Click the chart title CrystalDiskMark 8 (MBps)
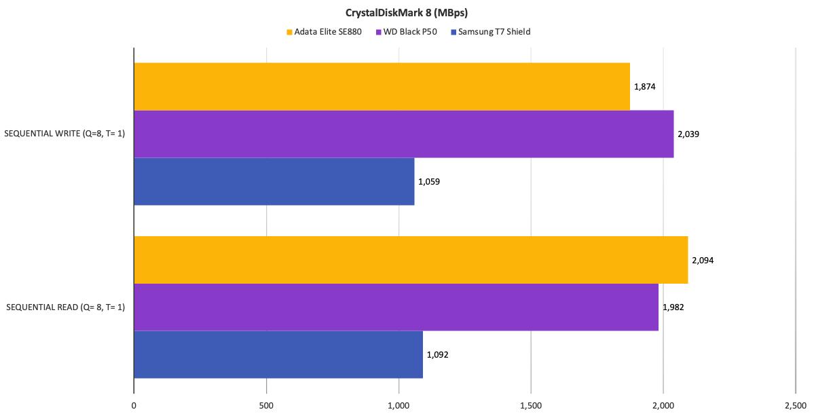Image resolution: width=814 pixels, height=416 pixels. tap(406, 12)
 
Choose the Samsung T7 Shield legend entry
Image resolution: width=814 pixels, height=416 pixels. tap(489, 32)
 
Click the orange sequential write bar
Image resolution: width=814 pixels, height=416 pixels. tap(382, 86)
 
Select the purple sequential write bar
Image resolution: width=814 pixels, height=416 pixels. tap(403, 134)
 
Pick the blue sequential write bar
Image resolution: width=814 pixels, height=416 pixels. tap(274, 181)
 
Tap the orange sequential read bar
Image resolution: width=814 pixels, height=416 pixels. tap(411, 260)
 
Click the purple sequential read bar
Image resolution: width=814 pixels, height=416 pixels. tap(396, 307)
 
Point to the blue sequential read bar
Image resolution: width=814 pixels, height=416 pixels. tap(278, 354)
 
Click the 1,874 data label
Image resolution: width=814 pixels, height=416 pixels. tap(644, 87)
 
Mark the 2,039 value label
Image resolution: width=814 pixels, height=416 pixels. tap(688, 134)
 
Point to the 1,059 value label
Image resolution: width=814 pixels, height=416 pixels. tap(429, 182)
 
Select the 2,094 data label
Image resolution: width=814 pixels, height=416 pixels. tap(703, 260)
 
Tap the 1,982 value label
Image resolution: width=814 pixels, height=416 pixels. tap(673, 307)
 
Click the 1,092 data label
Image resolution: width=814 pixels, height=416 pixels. tap(437, 355)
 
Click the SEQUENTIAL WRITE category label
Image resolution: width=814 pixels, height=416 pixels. tap(64, 134)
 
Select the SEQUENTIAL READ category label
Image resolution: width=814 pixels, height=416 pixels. tap(65, 307)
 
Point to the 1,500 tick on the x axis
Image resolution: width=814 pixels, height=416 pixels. tap(531, 406)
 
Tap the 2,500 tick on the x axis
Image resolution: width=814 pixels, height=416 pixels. tap(795, 406)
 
